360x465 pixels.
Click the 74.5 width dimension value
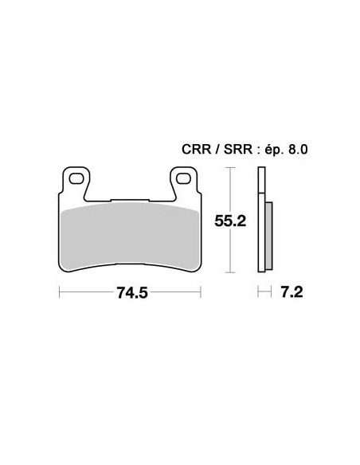(x=132, y=293)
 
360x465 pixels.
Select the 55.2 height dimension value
(x=230, y=221)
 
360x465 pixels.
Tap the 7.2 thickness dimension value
(x=292, y=292)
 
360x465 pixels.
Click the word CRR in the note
(x=196, y=150)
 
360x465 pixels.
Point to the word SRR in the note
(x=238, y=150)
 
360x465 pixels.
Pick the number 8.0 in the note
(x=297, y=150)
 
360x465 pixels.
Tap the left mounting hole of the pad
(x=76, y=178)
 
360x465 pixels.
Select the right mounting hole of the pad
(x=183, y=178)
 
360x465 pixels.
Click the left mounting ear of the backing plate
(x=76, y=181)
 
